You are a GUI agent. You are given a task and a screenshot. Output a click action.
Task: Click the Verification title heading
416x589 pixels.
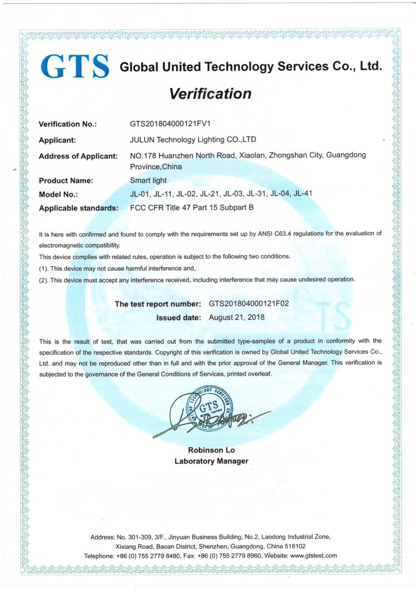coord(210,94)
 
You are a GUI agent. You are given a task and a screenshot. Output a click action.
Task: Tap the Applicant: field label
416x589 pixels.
coord(58,140)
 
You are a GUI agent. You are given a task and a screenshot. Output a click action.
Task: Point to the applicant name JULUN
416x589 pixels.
coord(143,140)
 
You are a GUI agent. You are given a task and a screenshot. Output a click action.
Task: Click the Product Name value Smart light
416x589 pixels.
coord(148,181)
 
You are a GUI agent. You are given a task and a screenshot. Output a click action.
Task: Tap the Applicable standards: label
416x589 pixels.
coord(77,208)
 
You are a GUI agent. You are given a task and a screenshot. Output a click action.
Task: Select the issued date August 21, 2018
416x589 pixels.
coord(237,317)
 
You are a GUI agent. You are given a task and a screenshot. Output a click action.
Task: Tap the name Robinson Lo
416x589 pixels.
coord(211,450)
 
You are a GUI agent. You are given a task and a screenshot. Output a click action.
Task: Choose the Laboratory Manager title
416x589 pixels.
coord(211,461)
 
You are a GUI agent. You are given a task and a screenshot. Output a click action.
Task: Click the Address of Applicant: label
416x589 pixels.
coord(78,156)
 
